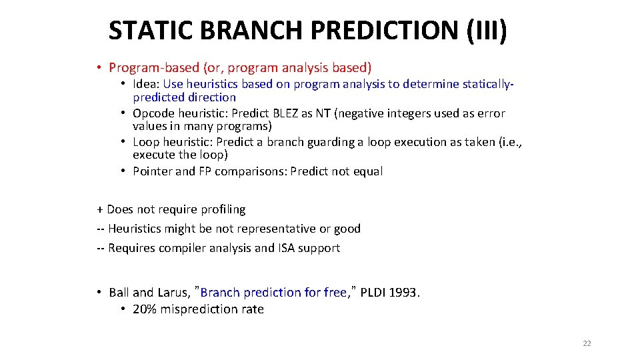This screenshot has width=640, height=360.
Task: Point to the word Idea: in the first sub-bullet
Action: coord(146,84)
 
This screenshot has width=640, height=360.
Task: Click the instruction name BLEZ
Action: coord(283,113)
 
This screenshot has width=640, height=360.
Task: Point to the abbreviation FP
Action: coord(206,171)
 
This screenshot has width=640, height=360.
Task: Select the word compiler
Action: coord(188,248)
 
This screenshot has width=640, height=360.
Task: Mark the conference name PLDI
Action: coord(374,293)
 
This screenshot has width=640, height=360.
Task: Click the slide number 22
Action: coord(587,343)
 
